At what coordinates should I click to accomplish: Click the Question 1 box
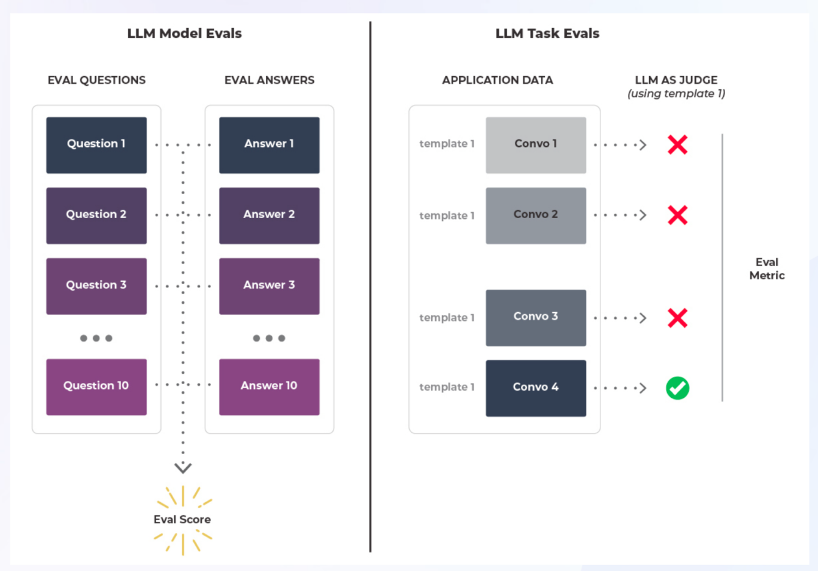pyautogui.click(x=96, y=145)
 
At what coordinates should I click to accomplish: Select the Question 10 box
pyautogui.click(x=96, y=386)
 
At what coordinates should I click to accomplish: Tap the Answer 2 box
pyautogui.click(x=269, y=215)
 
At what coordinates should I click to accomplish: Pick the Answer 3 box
pyautogui.click(x=269, y=286)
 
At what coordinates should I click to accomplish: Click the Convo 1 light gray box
pyautogui.click(x=535, y=145)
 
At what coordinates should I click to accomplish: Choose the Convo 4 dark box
pyautogui.click(x=535, y=388)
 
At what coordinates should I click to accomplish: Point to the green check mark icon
pyautogui.click(x=677, y=388)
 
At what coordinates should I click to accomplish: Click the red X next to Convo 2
pyautogui.click(x=677, y=215)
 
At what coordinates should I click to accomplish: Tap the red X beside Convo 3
pyautogui.click(x=677, y=318)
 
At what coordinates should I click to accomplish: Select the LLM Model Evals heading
pyautogui.click(x=184, y=34)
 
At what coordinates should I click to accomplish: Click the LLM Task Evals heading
pyautogui.click(x=547, y=34)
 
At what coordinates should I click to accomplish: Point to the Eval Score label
pyautogui.click(x=182, y=519)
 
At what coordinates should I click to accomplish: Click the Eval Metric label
pyautogui.click(x=767, y=269)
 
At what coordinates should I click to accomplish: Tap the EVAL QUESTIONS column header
pyautogui.click(x=96, y=80)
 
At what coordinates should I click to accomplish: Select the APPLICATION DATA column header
pyautogui.click(x=497, y=80)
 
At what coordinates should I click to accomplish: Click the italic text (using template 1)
pyautogui.click(x=676, y=93)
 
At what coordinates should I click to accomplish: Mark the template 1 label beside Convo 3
pyautogui.click(x=447, y=318)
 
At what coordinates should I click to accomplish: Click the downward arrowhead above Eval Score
pyautogui.click(x=183, y=467)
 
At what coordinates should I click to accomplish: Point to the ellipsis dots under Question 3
pyautogui.click(x=96, y=338)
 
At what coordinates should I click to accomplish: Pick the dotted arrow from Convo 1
pyautogui.click(x=620, y=145)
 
